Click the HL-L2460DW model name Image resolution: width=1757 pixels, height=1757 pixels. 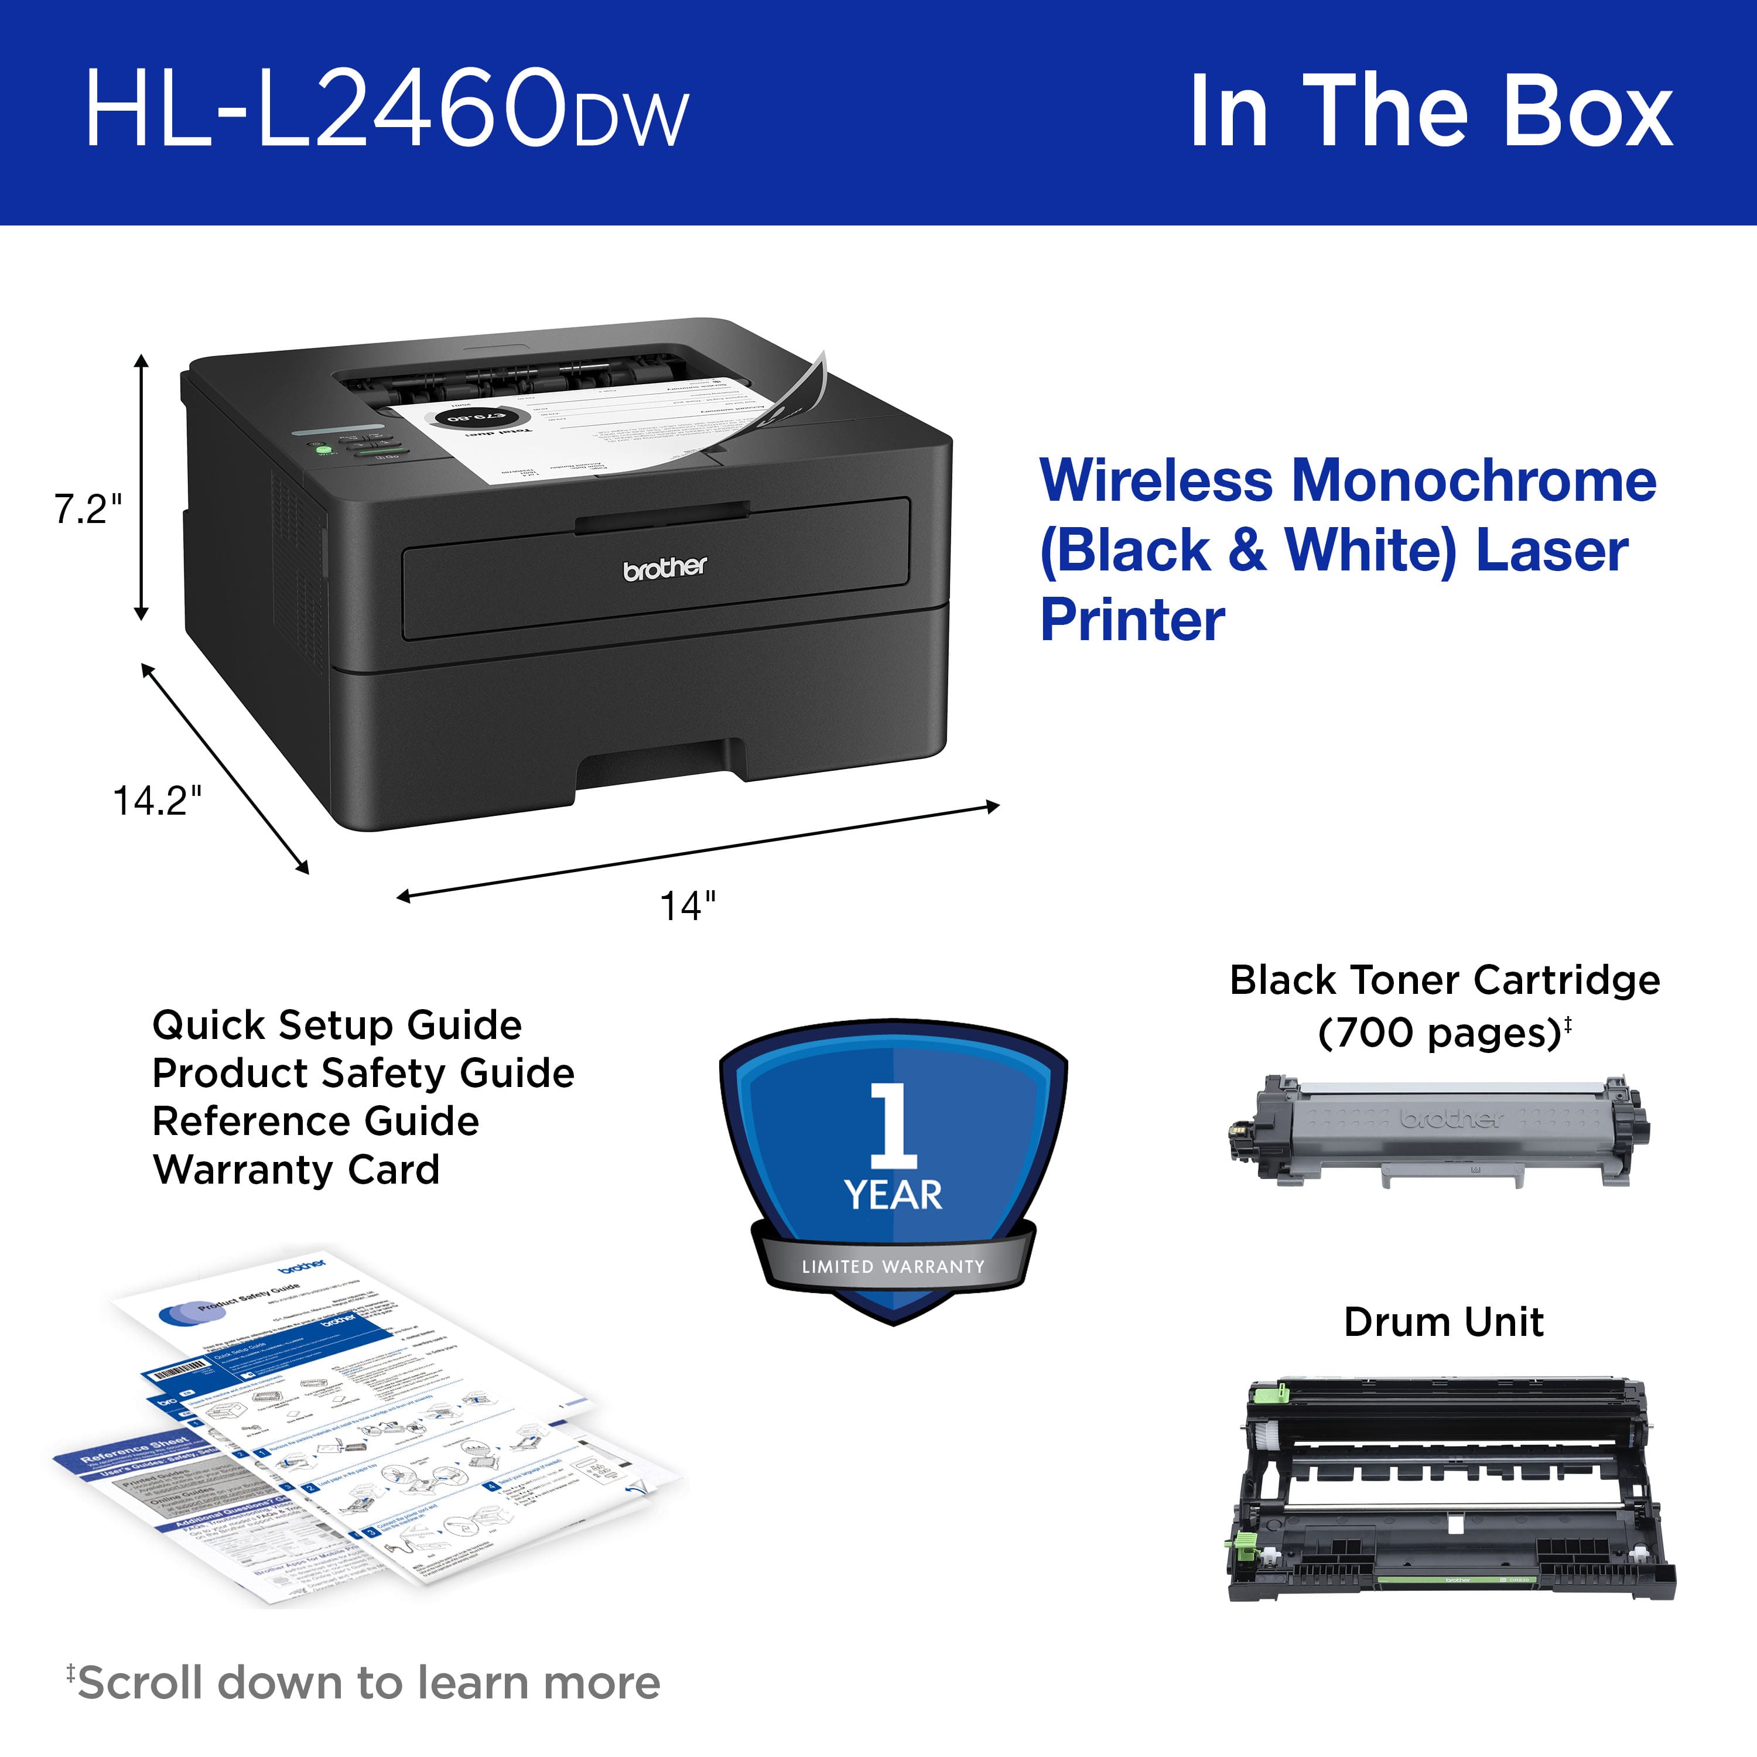(387, 111)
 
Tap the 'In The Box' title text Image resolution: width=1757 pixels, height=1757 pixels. (1431, 111)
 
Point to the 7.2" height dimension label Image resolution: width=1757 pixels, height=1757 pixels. (87, 510)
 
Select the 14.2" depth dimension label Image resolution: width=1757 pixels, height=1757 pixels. (156, 800)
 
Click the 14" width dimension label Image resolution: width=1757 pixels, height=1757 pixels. (688, 906)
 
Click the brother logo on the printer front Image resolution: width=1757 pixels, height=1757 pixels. (665, 568)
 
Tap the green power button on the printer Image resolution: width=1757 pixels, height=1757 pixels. (321, 449)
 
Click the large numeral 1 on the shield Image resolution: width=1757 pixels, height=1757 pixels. (893, 1125)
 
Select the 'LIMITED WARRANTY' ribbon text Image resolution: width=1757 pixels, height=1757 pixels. (893, 1266)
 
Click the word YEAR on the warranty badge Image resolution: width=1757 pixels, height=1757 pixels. (893, 1195)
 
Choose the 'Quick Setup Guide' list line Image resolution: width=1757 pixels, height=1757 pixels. (337, 1025)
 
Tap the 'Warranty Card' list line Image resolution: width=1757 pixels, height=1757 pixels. (296, 1170)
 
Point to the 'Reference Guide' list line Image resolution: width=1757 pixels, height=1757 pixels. (316, 1122)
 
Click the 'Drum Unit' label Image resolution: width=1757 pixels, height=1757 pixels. (1443, 1321)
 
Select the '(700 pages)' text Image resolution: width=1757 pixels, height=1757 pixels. (1440, 1032)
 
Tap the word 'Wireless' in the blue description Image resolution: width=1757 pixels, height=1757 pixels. (1156, 481)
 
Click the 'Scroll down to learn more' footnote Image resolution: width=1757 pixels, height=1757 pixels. (368, 1683)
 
